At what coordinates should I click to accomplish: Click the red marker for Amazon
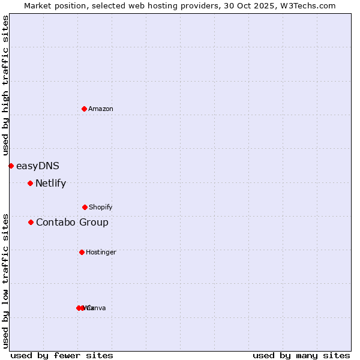click(x=84, y=109)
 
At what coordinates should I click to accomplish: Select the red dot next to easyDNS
click(x=11, y=166)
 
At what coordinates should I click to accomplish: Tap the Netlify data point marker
click(x=30, y=183)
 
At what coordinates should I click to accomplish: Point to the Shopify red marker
click(x=85, y=207)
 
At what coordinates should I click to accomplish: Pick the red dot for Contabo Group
click(x=31, y=222)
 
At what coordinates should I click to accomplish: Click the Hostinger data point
click(x=82, y=252)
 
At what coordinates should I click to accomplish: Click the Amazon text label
click(x=101, y=109)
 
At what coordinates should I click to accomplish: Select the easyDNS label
click(x=38, y=166)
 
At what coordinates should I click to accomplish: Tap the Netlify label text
click(x=50, y=184)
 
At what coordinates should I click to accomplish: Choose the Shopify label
click(x=100, y=207)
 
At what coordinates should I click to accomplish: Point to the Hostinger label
click(x=101, y=252)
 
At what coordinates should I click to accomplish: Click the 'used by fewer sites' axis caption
click(x=62, y=356)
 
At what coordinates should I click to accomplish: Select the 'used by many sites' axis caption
click(x=301, y=356)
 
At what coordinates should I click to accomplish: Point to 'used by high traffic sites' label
click(x=5, y=86)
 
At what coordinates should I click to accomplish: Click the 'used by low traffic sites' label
click(x=5, y=281)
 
